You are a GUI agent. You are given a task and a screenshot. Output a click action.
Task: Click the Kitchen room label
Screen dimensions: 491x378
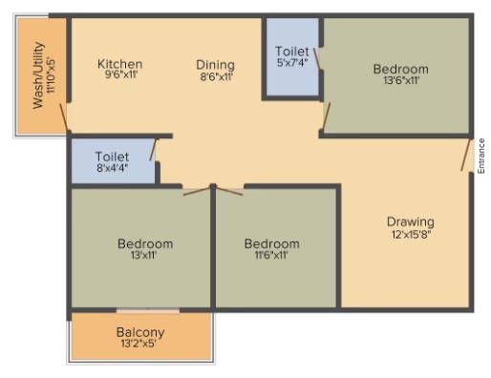coord(119,64)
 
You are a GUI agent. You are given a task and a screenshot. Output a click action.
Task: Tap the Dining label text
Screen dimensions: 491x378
coord(216,65)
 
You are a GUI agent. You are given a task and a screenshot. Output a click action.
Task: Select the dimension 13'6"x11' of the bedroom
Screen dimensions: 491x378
coord(401,80)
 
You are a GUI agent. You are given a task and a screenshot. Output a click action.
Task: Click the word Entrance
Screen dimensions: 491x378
coord(481,156)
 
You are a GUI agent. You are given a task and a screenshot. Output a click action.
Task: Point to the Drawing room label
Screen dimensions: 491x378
coord(411,222)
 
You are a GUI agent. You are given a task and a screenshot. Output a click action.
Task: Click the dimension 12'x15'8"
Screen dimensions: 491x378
coord(412,235)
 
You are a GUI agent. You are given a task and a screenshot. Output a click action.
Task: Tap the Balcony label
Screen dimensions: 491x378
coord(140,333)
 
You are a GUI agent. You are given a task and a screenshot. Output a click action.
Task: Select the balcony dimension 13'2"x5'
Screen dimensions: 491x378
coord(139,344)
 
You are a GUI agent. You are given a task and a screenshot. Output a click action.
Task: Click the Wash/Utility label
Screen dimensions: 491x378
coord(38,75)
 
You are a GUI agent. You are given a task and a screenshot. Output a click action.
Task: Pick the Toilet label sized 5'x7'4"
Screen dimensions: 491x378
coord(292,52)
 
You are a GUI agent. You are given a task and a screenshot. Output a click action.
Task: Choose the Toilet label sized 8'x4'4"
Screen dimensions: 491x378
coord(112,157)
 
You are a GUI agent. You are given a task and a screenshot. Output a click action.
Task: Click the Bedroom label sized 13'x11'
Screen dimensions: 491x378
coord(145,244)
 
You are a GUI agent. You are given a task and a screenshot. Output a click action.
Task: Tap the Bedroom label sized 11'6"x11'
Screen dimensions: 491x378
coord(272,244)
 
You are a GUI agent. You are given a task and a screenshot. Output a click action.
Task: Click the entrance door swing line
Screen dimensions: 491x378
coord(465,155)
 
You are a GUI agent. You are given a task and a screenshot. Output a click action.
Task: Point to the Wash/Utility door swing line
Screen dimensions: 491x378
coord(64,116)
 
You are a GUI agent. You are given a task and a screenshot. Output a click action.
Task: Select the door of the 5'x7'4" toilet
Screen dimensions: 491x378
coord(317,58)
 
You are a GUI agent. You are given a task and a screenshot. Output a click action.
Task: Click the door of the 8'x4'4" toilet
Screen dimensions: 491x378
coord(154,150)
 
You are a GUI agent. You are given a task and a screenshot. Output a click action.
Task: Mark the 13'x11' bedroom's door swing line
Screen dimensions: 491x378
coord(197,191)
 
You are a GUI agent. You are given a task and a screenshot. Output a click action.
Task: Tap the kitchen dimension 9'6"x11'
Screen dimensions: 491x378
coord(120,75)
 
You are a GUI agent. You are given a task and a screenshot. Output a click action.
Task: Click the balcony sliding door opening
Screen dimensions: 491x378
coord(148,311)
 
